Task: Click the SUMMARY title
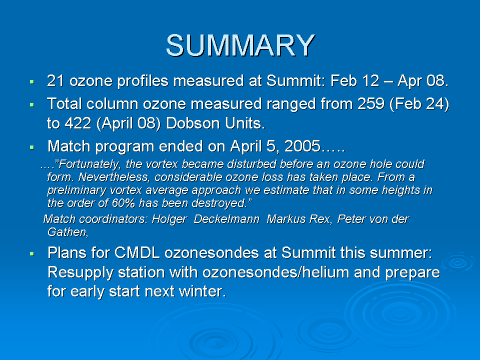(240, 45)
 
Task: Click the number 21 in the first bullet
(55, 81)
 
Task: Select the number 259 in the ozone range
(371, 104)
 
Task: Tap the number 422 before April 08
(78, 123)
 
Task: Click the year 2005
(302, 146)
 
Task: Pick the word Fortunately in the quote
(88, 164)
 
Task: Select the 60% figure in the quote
(123, 203)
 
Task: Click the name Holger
(169, 219)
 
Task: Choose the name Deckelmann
(226, 219)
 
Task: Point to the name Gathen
(67, 232)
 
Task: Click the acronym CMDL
(137, 253)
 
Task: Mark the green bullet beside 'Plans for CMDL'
(32, 253)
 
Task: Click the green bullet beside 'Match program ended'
(32, 147)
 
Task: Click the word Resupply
(80, 273)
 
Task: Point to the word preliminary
(76, 190)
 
